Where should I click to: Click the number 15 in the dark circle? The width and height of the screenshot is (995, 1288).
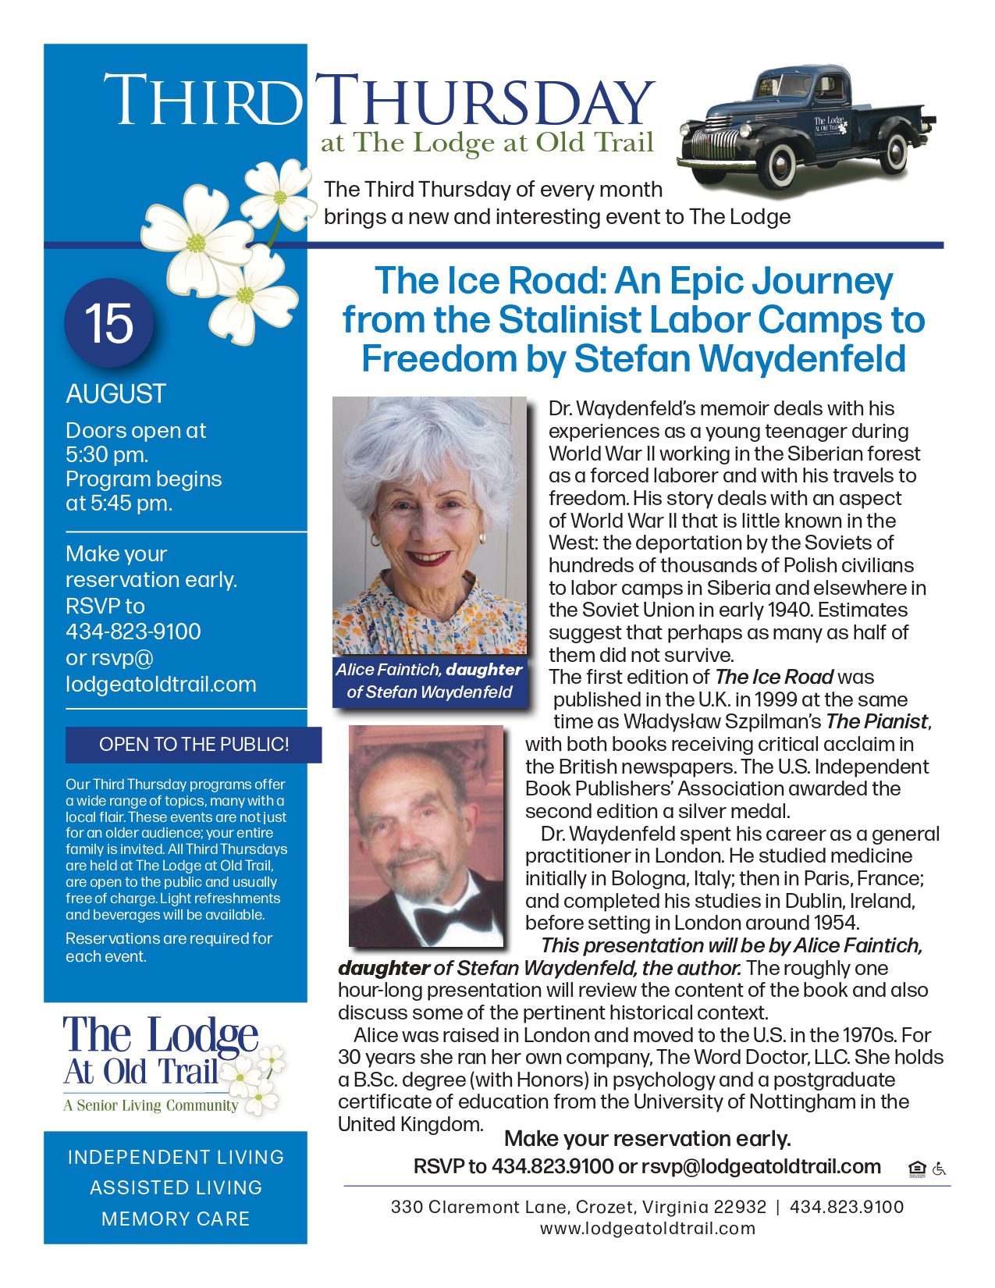point(109,323)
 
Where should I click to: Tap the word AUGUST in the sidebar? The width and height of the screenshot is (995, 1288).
point(116,393)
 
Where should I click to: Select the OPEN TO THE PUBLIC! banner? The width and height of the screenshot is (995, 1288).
point(194,745)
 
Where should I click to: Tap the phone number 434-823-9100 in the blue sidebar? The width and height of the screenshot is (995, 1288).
point(133,632)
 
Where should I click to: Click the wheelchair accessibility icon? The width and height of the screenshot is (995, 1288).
point(939,1169)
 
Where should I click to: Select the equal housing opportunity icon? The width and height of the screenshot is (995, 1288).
point(917,1169)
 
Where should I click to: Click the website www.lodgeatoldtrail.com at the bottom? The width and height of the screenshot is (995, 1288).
point(647,1228)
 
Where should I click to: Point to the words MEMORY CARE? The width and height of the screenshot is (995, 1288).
point(176,1219)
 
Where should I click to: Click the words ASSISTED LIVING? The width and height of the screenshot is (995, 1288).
point(176,1187)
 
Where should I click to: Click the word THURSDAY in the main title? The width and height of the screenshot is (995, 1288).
point(484,101)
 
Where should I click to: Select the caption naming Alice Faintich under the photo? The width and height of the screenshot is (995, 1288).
point(429,680)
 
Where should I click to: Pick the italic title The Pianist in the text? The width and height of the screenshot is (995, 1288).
point(876,721)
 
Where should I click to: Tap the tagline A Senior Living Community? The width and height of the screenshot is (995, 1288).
point(151,1105)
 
